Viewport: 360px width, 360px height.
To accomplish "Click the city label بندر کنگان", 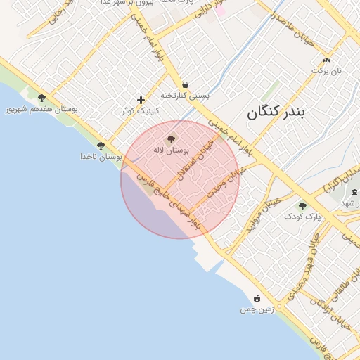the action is [x=278, y=112].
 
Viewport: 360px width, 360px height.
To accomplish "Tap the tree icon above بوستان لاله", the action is [x=171, y=139].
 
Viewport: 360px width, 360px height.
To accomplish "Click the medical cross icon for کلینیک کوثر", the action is [x=141, y=100].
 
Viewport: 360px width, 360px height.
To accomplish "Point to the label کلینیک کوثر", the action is [x=141, y=110].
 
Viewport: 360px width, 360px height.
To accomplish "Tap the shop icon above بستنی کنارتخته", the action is [x=185, y=84].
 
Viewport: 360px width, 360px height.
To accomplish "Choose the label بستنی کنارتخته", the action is [x=185, y=95].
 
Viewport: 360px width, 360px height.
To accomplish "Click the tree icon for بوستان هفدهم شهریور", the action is [x=41, y=98].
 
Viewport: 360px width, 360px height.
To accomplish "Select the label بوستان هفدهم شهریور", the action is [x=41, y=110].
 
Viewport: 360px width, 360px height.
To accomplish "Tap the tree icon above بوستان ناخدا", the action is [x=101, y=146].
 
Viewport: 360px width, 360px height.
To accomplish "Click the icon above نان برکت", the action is [x=326, y=60].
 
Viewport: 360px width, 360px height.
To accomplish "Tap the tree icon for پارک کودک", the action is [x=302, y=206].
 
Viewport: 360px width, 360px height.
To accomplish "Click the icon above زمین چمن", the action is [x=257, y=298].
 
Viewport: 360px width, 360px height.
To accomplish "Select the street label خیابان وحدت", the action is [x=226, y=182].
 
